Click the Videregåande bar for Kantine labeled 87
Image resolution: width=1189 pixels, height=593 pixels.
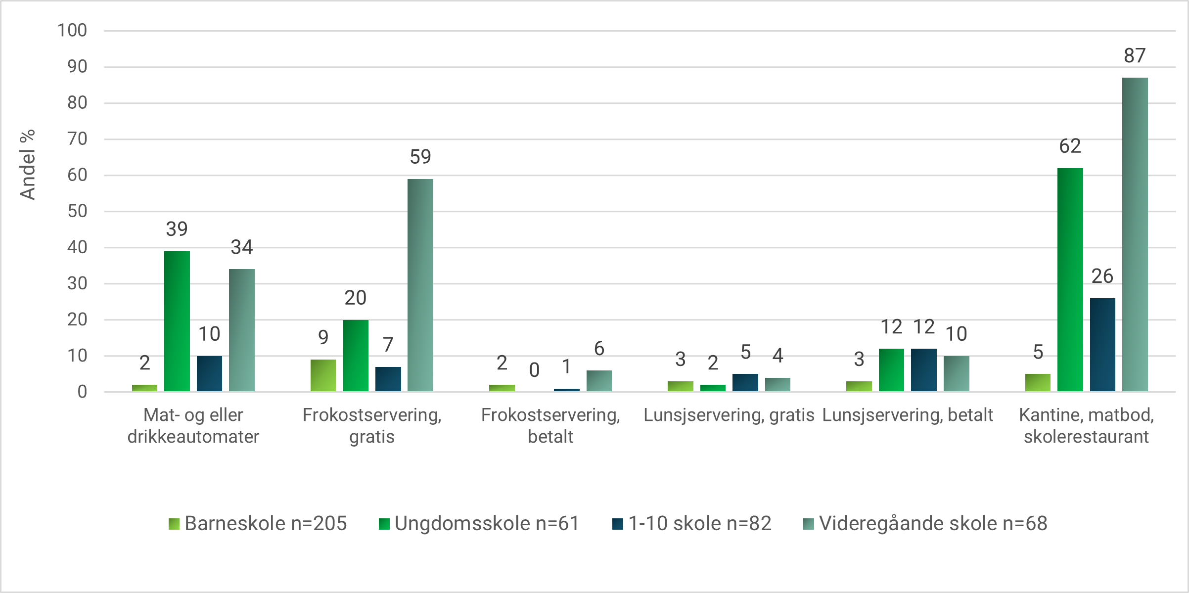[x=1135, y=234]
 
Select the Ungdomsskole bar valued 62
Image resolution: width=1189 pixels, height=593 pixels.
[x=1070, y=280]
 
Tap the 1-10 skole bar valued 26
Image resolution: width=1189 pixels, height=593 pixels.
[x=1102, y=345]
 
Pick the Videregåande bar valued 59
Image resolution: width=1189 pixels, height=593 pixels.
[x=420, y=285]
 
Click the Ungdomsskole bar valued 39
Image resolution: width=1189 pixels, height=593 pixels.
[x=177, y=321]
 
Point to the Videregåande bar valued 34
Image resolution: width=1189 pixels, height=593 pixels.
[x=241, y=330]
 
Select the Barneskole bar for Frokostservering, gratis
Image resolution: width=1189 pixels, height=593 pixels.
[x=323, y=375]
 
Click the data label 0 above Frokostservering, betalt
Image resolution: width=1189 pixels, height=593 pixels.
[x=534, y=370]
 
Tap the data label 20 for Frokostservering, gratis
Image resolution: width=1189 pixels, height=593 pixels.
[x=355, y=298]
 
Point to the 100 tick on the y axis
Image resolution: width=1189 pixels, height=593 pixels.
[x=72, y=31]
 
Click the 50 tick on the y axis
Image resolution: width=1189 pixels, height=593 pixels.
[x=77, y=211]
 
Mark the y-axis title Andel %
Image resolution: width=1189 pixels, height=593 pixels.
[x=28, y=165]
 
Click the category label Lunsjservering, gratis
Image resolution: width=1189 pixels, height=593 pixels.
[x=729, y=415]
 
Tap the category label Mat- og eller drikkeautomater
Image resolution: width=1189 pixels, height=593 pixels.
[x=193, y=425]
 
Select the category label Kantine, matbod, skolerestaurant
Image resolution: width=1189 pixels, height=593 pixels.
[x=1086, y=425]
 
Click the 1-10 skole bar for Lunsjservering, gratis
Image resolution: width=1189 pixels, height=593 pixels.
[x=745, y=383]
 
